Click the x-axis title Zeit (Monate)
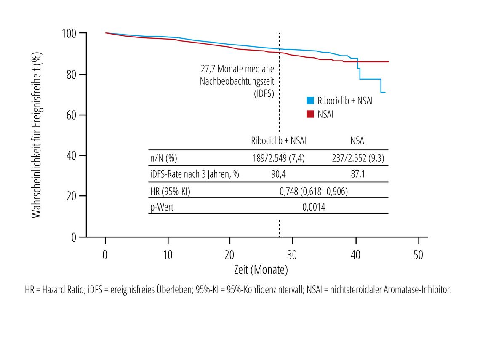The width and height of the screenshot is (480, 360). [261, 269]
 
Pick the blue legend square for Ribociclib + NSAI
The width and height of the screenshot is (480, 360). [310, 100]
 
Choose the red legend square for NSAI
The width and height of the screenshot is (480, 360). [310, 114]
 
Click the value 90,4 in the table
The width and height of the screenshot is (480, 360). [278, 174]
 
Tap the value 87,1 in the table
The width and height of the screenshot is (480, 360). [358, 174]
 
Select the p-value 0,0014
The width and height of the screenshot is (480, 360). [314, 207]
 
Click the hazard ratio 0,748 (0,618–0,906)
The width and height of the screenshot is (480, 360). [314, 191]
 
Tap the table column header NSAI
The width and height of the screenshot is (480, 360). [358, 141]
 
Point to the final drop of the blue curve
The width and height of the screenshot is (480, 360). [381, 86]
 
